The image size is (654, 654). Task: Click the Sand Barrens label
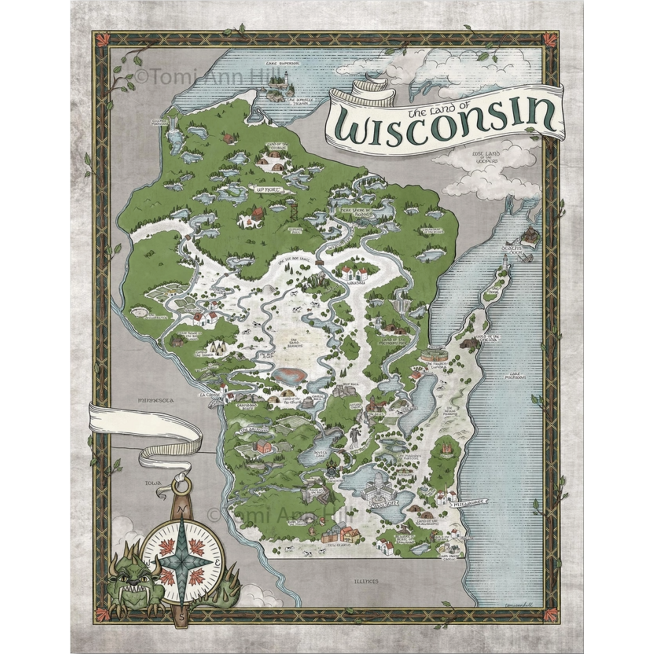(296, 343)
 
